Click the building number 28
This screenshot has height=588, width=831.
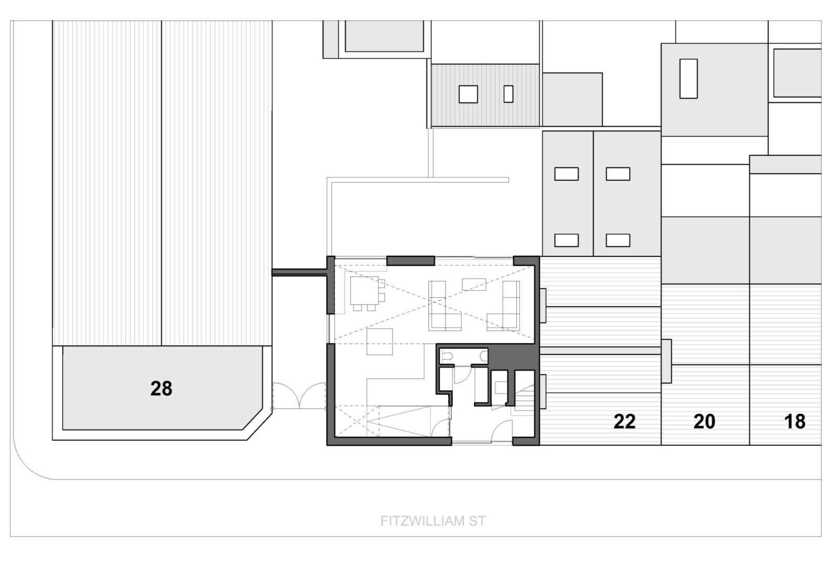coord(162,388)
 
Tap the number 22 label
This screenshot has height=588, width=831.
coord(624,422)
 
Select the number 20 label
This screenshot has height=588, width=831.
coord(704,422)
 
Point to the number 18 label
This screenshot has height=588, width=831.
coord(795,422)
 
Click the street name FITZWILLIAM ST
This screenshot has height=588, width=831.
coord(433,521)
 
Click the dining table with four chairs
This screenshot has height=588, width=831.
coord(367,293)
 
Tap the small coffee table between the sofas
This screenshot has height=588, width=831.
coord(474,284)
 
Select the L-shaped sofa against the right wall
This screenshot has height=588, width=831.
coord(503,306)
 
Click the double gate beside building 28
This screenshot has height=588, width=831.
coord(299,396)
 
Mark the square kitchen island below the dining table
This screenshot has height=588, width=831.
coord(380,342)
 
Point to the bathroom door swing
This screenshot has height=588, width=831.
coord(463,375)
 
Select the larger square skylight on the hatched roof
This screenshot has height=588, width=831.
coord(468,94)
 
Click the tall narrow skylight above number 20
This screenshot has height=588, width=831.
coord(689,79)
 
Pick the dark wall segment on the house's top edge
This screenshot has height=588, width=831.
coord(411,261)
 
